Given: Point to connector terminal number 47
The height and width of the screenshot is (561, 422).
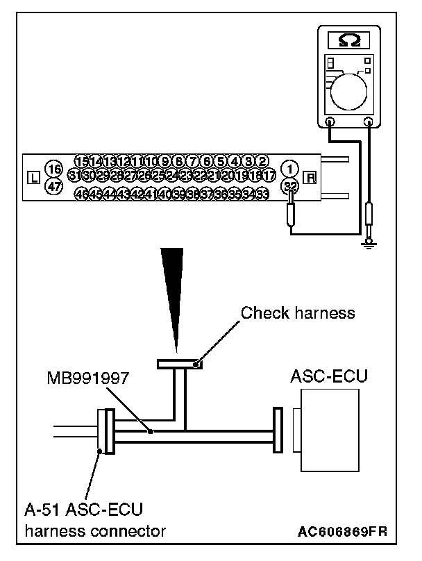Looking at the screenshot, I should pyautogui.click(x=53, y=186).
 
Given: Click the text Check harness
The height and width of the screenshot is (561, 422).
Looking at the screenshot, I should pyautogui.click(x=298, y=312).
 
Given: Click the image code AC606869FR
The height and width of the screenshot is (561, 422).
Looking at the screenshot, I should pyautogui.click(x=341, y=532).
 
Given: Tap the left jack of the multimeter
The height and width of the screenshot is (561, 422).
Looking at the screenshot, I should pyautogui.click(x=330, y=124).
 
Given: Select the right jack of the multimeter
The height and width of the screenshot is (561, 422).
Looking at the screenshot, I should pyautogui.click(x=369, y=124).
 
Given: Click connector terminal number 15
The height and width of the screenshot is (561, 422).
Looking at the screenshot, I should pyautogui.click(x=81, y=162).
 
